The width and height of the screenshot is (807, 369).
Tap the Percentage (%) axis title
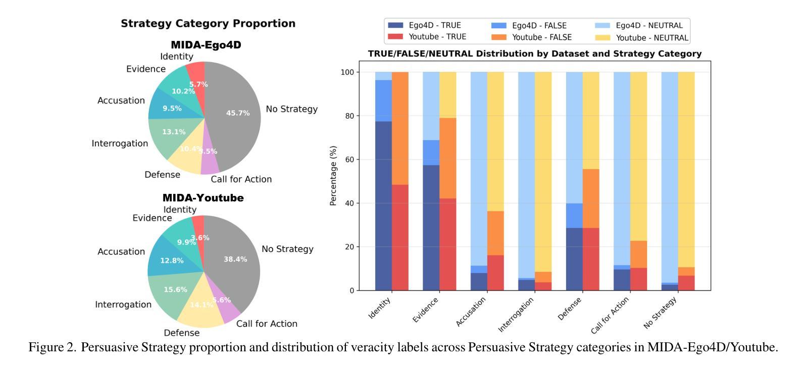click(x=333, y=176)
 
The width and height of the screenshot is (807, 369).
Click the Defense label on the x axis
click(x=570, y=308)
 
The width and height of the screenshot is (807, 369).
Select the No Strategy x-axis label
click(x=660, y=313)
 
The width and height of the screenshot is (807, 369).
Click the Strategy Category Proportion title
click(x=208, y=24)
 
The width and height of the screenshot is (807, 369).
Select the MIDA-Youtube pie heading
click(x=203, y=198)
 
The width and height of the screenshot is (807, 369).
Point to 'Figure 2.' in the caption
click(x=53, y=347)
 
